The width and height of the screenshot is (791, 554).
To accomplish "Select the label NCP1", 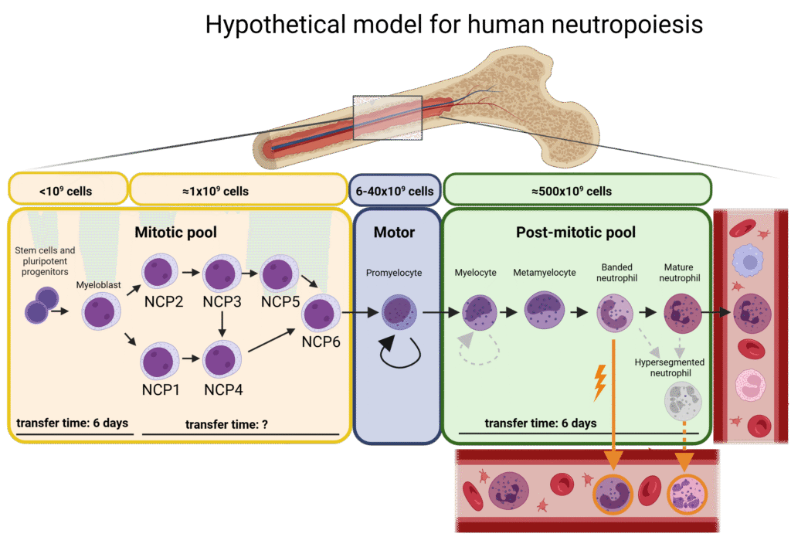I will tap(161, 389).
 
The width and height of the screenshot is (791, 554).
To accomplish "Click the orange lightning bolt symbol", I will tap(599, 382).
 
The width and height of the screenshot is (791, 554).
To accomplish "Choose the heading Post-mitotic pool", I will tap(575, 231).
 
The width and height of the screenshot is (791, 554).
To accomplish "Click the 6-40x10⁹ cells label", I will tap(393, 191).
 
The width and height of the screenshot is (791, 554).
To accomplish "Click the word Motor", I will tap(395, 231).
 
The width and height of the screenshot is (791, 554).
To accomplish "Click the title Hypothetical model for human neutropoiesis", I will tap(454, 25).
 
